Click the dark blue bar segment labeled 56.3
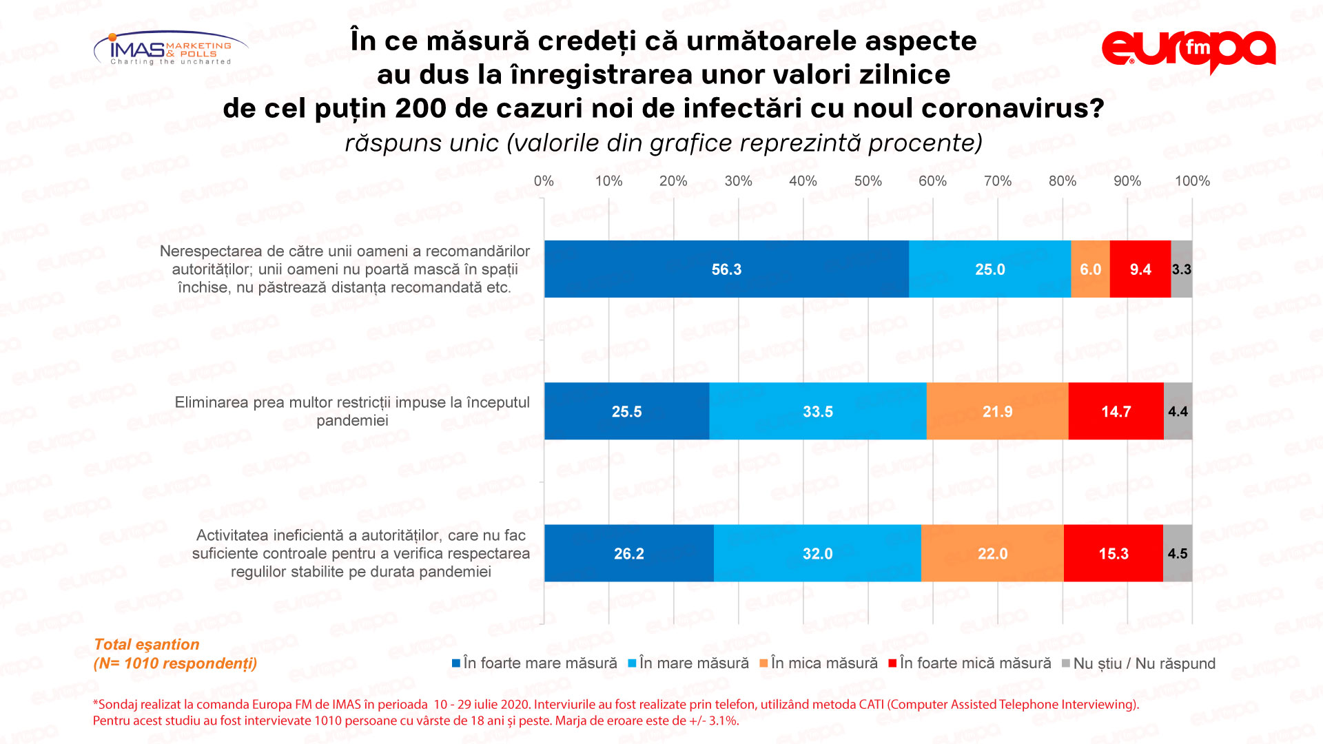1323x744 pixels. [726, 269]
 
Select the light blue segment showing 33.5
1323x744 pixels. [818, 411]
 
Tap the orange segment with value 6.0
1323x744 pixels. [1090, 269]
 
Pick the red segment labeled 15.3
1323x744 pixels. [1114, 553]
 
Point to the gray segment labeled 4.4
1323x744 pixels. [1178, 411]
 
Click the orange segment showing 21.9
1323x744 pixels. [997, 411]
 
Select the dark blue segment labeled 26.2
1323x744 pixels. [628, 553]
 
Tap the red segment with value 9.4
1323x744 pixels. [1140, 269]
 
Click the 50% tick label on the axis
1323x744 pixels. [868, 181]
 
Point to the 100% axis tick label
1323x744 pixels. [1192, 181]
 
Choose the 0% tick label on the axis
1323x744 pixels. [544, 181]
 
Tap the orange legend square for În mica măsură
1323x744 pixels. [763, 663]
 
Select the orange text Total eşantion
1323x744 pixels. [146, 644]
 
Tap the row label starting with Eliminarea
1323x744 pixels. [352, 411]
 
